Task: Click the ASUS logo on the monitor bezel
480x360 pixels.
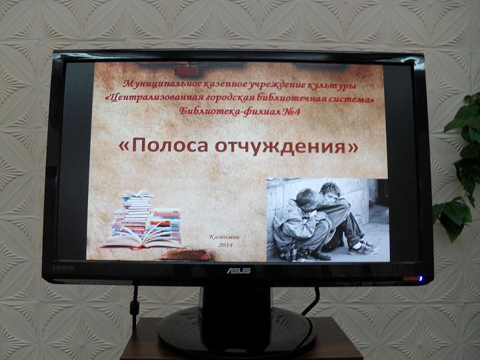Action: point(239,271)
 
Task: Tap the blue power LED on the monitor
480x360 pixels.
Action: point(421,279)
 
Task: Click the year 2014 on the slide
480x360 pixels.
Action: point(226,245)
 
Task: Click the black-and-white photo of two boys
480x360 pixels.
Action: point(327,219)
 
